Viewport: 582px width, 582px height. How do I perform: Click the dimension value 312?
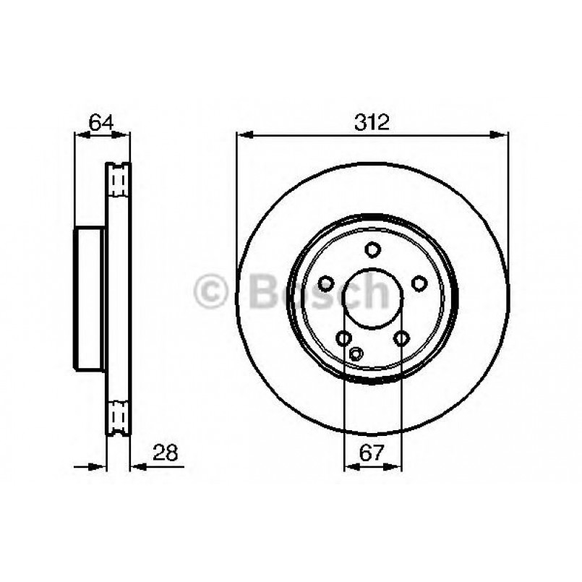pos(372,122)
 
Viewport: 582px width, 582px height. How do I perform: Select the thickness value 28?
pos(166,453)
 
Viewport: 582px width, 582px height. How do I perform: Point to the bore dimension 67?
pos(372,453)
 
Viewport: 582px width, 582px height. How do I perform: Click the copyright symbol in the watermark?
pos(212,291)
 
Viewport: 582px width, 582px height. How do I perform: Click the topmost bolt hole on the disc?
pos(372,250)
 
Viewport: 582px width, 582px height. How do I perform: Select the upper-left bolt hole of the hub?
pos(327,283)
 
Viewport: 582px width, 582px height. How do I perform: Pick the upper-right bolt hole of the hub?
pos(419,283)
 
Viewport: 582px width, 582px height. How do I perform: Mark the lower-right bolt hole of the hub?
pos(401,337)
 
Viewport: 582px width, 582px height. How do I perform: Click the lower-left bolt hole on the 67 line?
pos(344,337)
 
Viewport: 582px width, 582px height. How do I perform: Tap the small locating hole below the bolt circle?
pos(355,354)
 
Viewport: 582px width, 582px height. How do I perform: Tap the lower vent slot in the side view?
pos(118,416)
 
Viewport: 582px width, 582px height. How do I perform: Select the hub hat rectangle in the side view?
pos(90,297)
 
